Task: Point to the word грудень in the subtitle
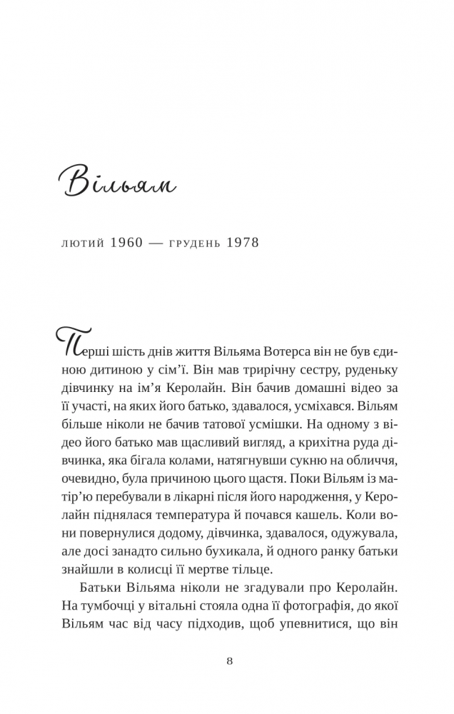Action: (x=195, y=244)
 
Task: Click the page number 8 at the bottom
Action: (x=229, y=661)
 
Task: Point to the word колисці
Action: (x=156, y=568)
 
